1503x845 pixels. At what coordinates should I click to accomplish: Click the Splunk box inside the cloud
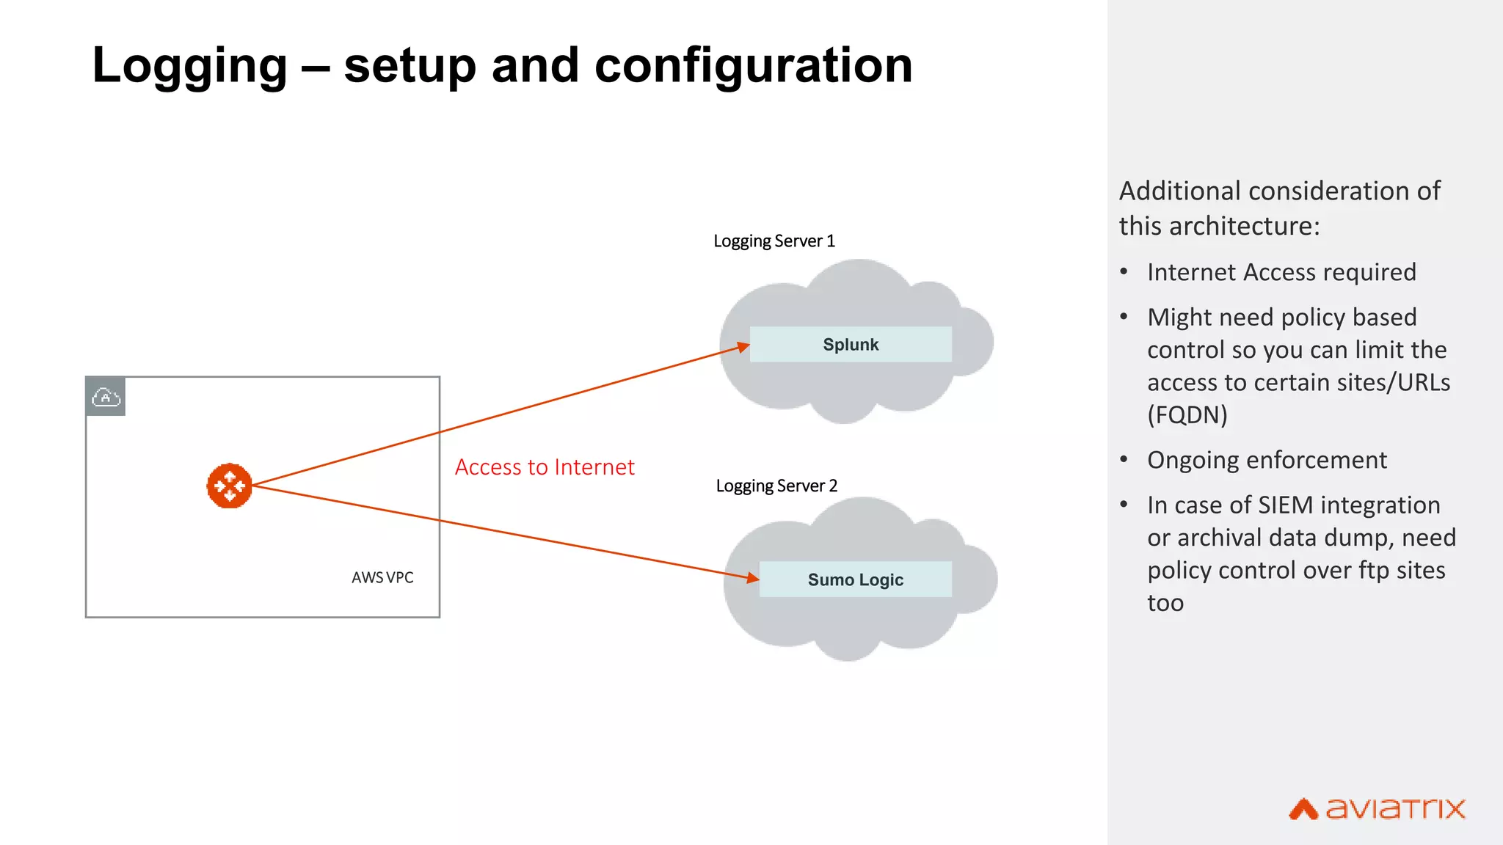point(851,344)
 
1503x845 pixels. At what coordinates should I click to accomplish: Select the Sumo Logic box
point(855,579)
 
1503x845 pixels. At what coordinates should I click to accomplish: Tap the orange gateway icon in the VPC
point(229,486)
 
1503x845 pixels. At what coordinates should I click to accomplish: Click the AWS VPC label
point(382,577)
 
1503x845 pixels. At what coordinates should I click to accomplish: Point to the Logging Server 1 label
point(774,241)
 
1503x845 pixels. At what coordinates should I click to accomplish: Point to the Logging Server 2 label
point(776,486)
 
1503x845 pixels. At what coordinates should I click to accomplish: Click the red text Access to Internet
point(545,467)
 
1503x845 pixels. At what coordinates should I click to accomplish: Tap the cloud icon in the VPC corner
point(106,397)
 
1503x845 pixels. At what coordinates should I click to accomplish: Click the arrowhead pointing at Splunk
point(743,347)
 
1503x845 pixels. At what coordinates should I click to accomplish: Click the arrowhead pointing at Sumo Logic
point(752,578)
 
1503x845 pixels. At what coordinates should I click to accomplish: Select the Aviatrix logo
point(1377,808)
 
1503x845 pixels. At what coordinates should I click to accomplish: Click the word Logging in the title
point(189,66)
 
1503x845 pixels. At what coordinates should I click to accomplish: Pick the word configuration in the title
point(753,66)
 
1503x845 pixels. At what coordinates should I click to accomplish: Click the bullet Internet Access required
point(1281,272)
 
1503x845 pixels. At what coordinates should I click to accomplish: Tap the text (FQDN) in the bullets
point(1187,415)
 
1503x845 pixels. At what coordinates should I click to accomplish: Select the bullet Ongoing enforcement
point(1267,460)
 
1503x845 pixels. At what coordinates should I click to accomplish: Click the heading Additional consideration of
point(1279,191)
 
